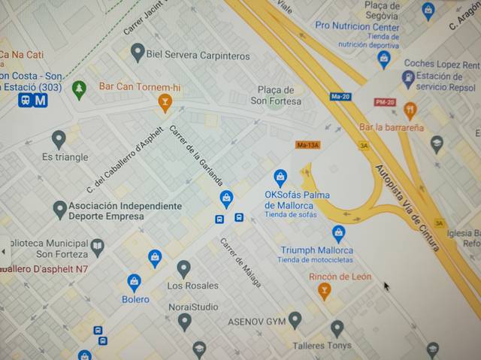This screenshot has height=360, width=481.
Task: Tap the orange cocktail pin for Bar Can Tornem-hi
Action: [165, 102]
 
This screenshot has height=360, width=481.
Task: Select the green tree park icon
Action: [79, 89]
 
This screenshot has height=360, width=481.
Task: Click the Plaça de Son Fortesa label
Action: [276, 95]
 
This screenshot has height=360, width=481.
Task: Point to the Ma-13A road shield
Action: [308, 144]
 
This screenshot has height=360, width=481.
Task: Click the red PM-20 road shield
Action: [385, 101]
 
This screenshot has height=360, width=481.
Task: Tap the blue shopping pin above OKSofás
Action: [280, 177]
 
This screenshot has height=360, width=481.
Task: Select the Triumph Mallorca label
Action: [316, 250]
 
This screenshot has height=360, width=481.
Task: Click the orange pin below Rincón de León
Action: [325, 290]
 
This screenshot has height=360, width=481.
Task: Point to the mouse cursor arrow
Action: [387, 286]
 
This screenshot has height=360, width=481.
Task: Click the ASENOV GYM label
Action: [256, 322]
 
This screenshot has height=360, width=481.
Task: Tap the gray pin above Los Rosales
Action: [183, 268]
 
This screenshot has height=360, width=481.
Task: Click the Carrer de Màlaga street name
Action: [240, 262]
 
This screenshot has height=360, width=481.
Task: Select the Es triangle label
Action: [65, 157]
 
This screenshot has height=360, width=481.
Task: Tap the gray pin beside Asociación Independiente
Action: [60, 210]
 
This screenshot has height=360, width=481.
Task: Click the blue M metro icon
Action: [40, 100]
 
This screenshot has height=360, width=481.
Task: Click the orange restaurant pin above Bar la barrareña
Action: [410, 110]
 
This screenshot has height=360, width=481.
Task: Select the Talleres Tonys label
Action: [322, 346]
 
